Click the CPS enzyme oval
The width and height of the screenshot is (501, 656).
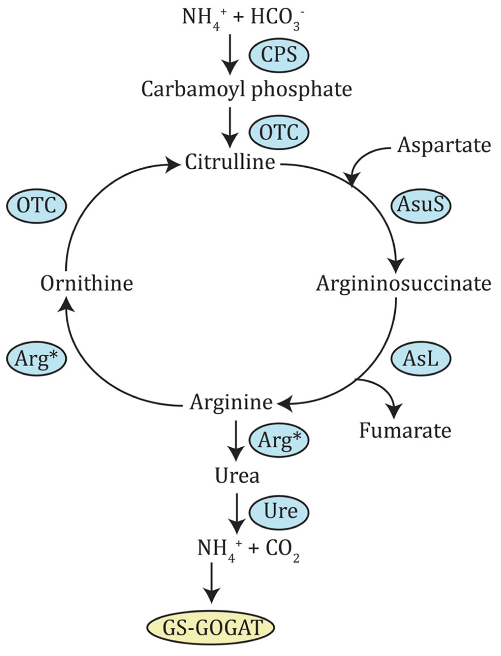[279, 55]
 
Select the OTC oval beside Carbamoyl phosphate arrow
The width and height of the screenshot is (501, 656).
[279, 132]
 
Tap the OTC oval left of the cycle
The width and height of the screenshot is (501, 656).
[36, 206]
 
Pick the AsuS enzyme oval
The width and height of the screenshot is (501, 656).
[421, 206]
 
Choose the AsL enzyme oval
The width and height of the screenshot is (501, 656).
[421, 358]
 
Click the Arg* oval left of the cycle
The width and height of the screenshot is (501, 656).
[36, 358]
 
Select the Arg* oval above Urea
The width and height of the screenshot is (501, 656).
[279, 440]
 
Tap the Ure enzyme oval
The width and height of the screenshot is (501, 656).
[279, 512]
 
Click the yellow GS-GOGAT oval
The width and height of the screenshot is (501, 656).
[211, 627]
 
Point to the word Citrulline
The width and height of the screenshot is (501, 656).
[230, 162]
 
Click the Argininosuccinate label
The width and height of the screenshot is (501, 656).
[404, 284]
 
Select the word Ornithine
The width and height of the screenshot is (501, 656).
[87, 284]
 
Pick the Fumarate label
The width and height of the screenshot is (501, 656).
[405, 431]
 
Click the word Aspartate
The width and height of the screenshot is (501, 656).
[444, 146]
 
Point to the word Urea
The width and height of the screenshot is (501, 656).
[237, 476]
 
